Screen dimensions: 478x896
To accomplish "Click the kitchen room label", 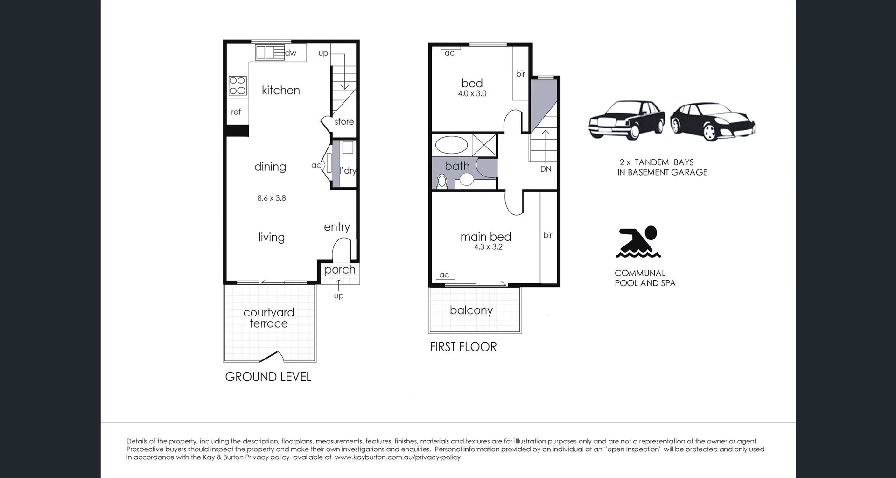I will coord(280,90).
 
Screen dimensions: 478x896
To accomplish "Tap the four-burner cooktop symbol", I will coord(237,86).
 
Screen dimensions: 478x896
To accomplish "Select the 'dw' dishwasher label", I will coord(291,53).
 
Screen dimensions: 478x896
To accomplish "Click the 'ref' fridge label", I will coord(236,112).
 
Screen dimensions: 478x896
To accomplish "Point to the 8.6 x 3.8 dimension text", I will coord(271,198).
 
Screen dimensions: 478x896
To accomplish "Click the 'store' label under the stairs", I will coord(344,122).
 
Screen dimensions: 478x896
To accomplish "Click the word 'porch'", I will coord(340,269).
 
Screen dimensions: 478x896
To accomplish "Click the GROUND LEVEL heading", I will coord(268,377).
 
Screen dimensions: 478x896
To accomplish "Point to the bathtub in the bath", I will coord(451,145).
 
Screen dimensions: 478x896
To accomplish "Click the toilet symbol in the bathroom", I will coord(441,181).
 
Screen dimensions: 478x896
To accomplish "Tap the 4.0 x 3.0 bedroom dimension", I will coord(472,93).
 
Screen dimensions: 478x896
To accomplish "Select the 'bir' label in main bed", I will coord(547,235).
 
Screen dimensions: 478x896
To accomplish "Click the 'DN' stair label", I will coord(546,169).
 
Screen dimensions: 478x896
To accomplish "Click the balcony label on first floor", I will coord(471,310).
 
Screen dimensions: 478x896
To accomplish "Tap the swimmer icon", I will coord(638,242).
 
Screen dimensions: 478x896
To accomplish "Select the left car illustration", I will coord(626,120).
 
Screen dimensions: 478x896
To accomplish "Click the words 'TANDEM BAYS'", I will coord(664,162).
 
